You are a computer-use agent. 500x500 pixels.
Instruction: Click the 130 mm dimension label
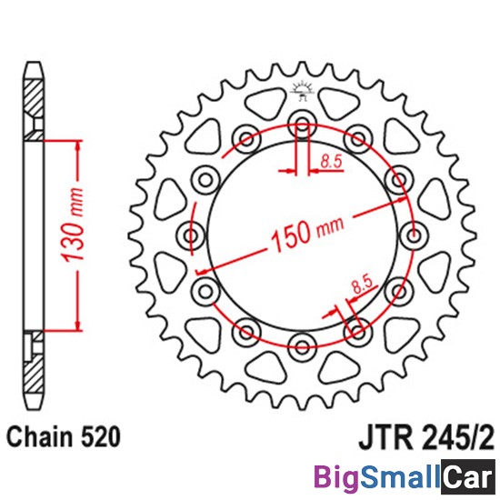(73, 225)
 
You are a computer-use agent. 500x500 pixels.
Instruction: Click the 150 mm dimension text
(307, 234)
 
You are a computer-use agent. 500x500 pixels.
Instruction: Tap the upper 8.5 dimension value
(331, 162)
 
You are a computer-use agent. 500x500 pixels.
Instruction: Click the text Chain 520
(64, 436)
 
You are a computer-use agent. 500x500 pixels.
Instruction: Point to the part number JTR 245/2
(426, 438)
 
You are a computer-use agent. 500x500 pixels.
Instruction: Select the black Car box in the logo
(467, 477)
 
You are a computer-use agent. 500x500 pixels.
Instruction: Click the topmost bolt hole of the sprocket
(302, 124)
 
